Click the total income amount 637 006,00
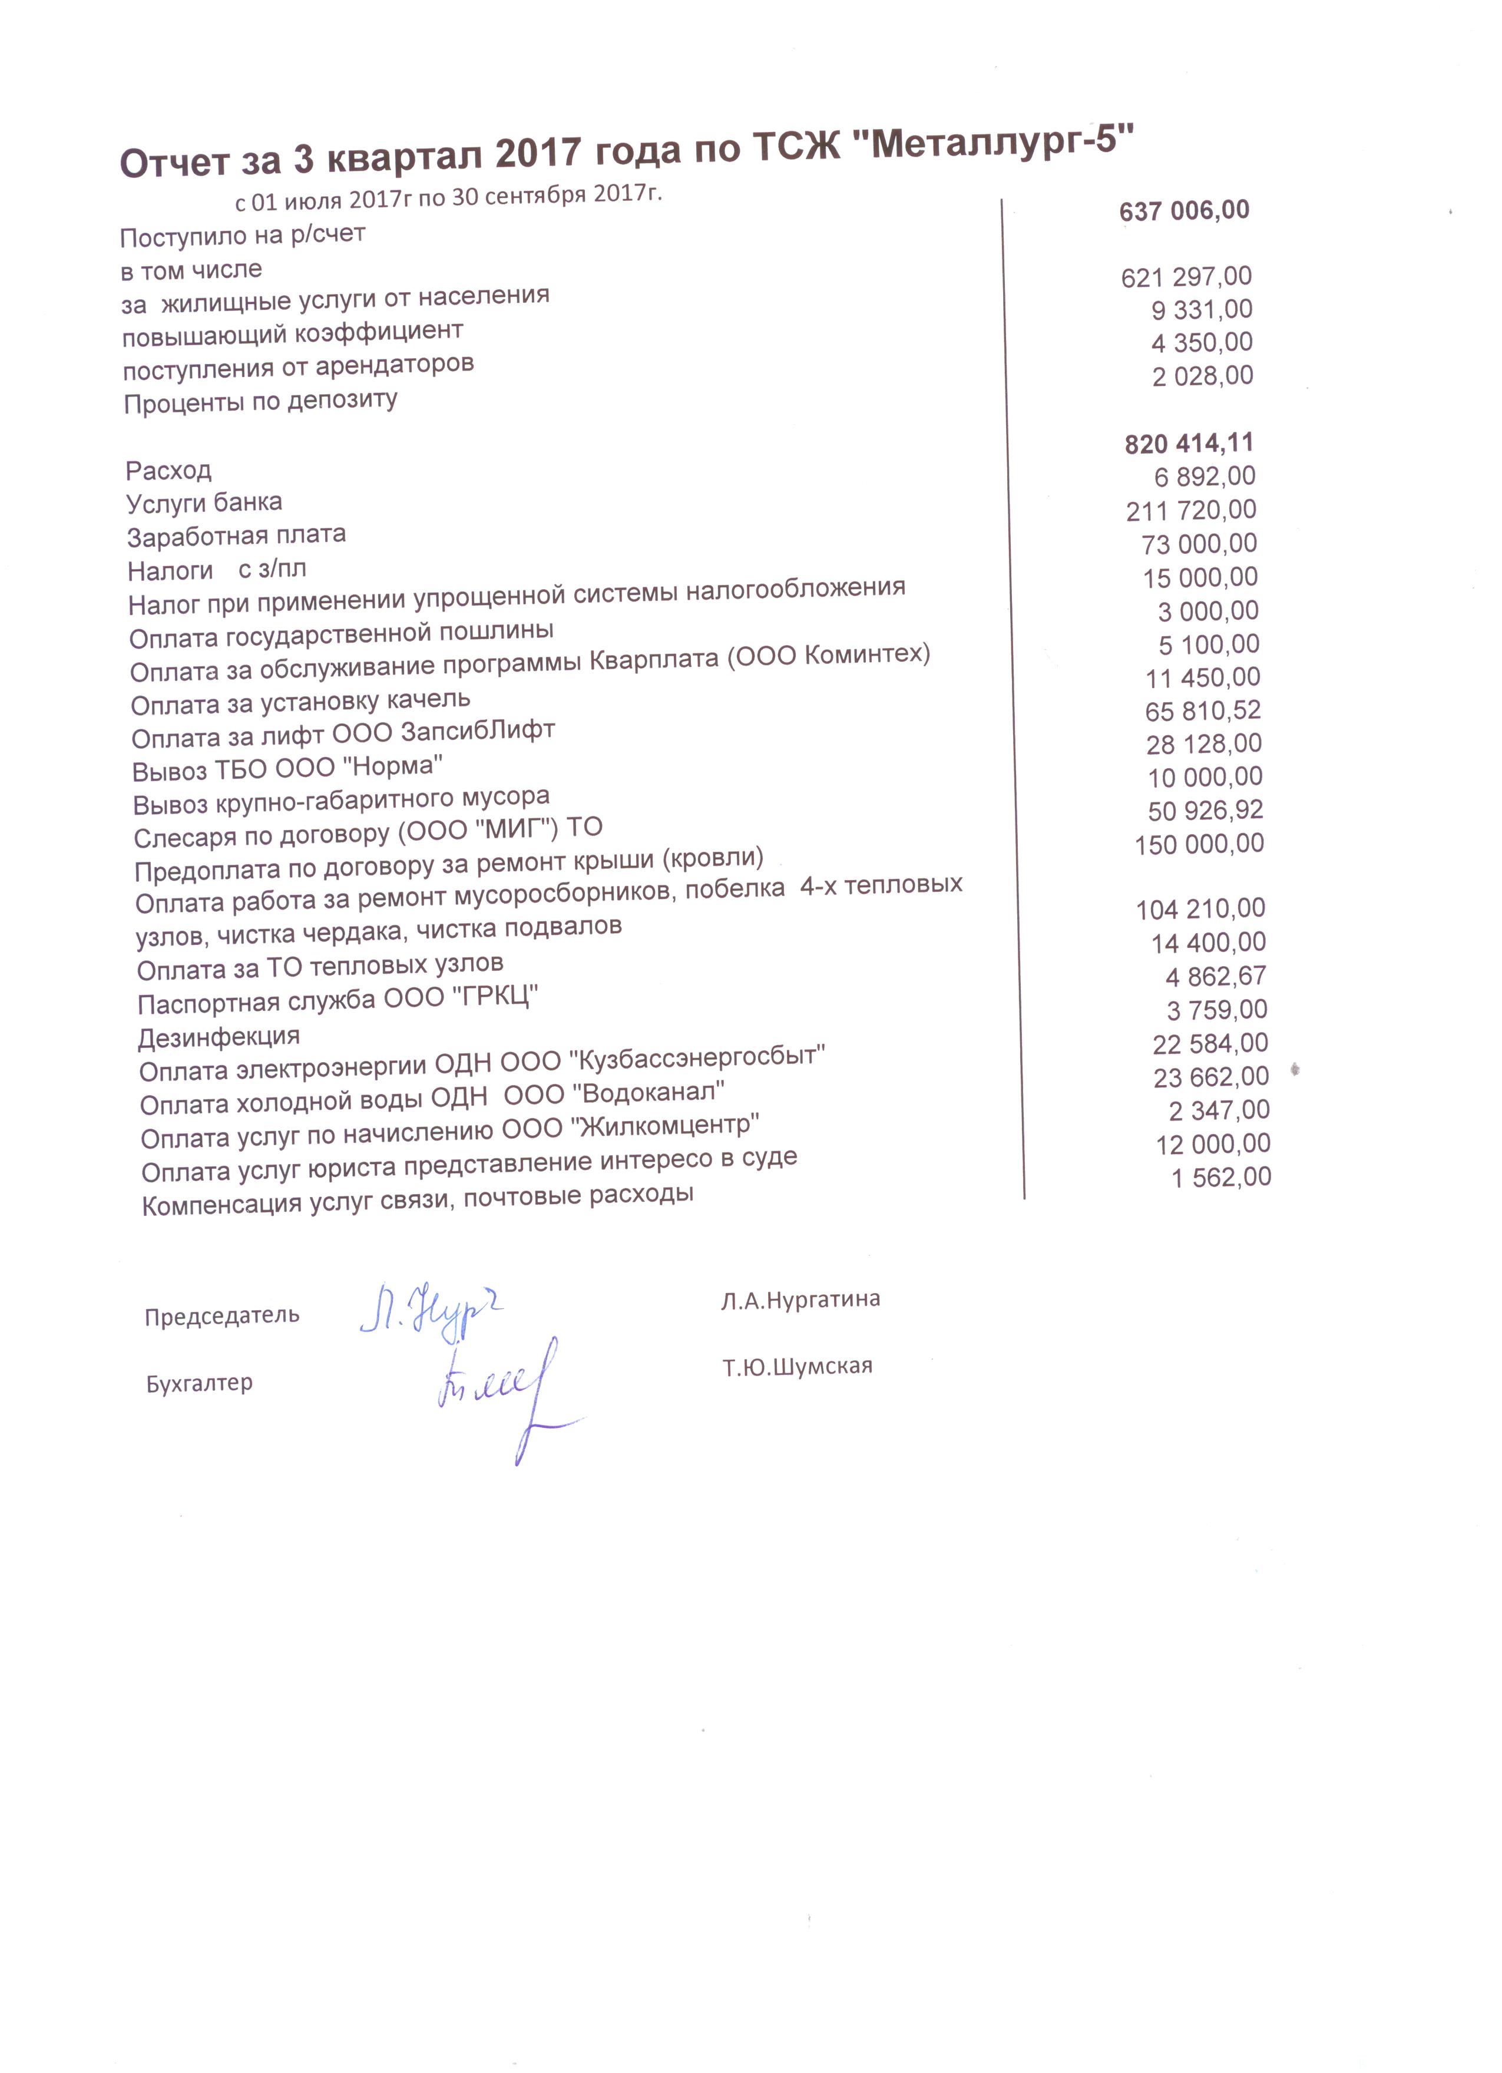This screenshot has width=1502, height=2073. pos(1184,211)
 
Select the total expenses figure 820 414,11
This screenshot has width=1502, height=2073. pos(1189,444)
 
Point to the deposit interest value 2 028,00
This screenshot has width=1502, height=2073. pos(1202,376)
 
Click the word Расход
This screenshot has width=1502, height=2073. pos(169,471)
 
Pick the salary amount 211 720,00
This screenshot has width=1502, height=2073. pos(1191,510)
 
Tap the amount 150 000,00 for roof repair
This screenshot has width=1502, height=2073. pos(1199,844)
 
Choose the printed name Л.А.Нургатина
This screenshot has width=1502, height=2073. pos(800,1300)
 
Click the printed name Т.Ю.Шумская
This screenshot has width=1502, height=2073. pos(797,1367)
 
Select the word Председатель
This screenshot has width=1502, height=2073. pos(222,1316)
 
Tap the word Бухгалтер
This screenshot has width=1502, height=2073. pos(199,1384)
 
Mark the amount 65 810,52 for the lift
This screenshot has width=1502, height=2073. pos(1203,711)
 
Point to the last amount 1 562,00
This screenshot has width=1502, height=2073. pos(1222,1177)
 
